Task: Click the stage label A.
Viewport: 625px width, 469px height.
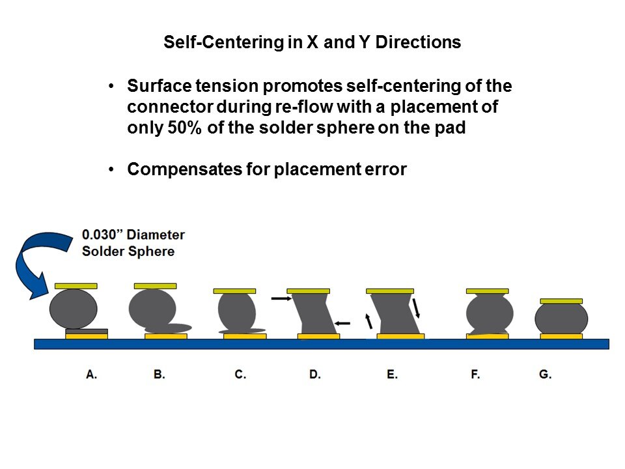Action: click(92, 375)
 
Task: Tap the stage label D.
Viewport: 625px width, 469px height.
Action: click(315, 375)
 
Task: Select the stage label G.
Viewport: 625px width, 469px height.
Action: click(546, 375)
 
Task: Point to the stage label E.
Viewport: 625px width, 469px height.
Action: click(392, 375)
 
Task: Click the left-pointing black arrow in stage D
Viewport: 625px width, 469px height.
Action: click(342, 322)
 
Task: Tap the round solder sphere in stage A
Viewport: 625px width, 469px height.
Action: click(73, 309)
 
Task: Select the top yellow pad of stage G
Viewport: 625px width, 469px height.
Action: click(561, 301)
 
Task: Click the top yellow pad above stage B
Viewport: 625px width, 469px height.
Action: click(155, 286)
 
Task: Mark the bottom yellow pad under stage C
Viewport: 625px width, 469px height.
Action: click(245, 337)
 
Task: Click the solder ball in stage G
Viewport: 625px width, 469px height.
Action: click(561, 319)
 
